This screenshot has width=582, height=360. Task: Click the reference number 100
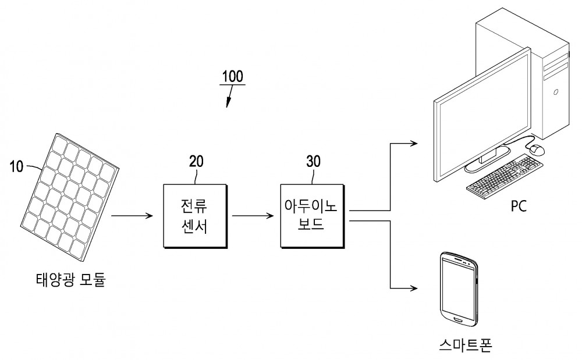coord(232,76)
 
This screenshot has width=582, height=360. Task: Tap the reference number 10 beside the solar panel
coord(16,166)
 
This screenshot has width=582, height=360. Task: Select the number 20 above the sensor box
coord(196,161)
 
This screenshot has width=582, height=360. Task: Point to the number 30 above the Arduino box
coord(313,161)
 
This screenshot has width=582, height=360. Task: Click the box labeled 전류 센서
coord(195,216)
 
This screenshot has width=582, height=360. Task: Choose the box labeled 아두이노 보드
coord(312,216)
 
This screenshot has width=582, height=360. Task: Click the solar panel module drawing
coord(69,198)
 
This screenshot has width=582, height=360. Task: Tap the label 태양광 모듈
coord(71,280)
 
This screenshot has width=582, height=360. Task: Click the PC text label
coord(519,206)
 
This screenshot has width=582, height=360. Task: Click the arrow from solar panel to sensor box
coord(132,216)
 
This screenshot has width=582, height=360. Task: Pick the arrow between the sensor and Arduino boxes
coord(253,216)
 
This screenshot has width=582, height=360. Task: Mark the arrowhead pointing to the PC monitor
coord(414,142)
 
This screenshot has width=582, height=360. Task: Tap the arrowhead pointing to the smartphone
coord(414,288)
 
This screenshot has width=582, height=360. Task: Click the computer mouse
coord(537,149)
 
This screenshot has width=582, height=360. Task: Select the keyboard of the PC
coord(505,174)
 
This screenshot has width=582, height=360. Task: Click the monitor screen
coord(483,115)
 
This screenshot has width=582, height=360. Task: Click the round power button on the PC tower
coord(556,91)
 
